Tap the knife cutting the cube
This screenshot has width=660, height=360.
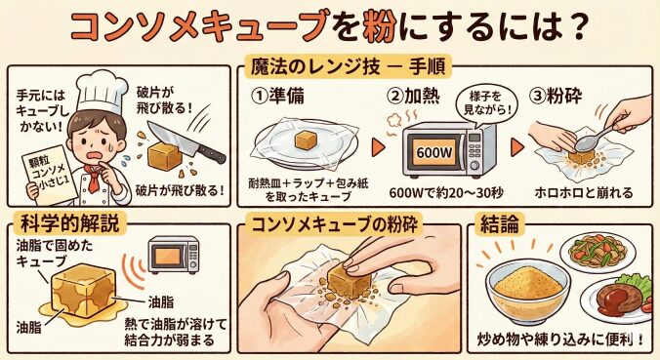(186, 141)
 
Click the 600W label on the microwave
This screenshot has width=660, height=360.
(434, 152)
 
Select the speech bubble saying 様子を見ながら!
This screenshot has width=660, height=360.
(486, 103)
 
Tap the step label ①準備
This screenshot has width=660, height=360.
(278, 97)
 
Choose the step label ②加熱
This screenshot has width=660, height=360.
(413, 97)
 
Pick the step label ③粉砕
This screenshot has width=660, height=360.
(556, 97)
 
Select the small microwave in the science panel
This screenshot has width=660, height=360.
(174, 255)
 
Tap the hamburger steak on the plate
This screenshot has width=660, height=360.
(617, 298)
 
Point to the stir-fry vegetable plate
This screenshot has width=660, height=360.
(598, 253)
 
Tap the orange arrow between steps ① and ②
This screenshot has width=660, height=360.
(378, 147)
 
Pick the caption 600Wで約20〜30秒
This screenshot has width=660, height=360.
(446, 193)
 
